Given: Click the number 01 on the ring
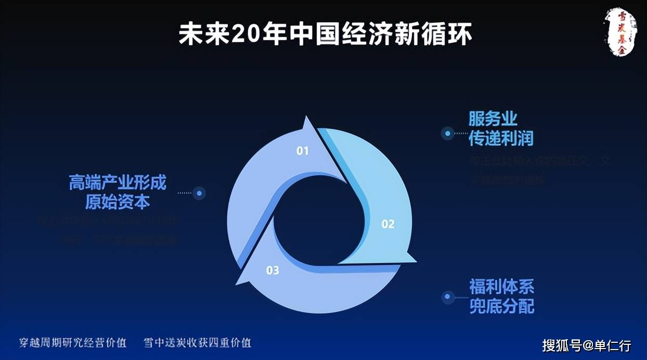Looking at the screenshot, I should tap(303, 151).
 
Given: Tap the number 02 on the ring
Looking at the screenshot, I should tap(388, 224).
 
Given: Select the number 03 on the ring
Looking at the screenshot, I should tap(273, 270).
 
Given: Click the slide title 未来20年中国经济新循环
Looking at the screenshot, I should tap(326, 34).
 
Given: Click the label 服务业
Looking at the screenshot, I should tap(493, 118).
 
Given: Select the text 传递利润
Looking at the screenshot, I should tap(501, 138).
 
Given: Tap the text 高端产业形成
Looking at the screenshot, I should tap(118, 183).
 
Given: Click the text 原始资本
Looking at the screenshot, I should tap(118, 202).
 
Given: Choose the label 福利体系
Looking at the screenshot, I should tap(501, 286).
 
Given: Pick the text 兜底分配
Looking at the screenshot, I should tap(501, 306).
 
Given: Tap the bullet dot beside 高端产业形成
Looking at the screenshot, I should tap(199, 194).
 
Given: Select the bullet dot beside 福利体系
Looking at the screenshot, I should tap(447, 297).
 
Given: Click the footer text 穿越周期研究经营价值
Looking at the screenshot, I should tap(73, 342).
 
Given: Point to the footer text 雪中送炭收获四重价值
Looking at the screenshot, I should tap(198, 342).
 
